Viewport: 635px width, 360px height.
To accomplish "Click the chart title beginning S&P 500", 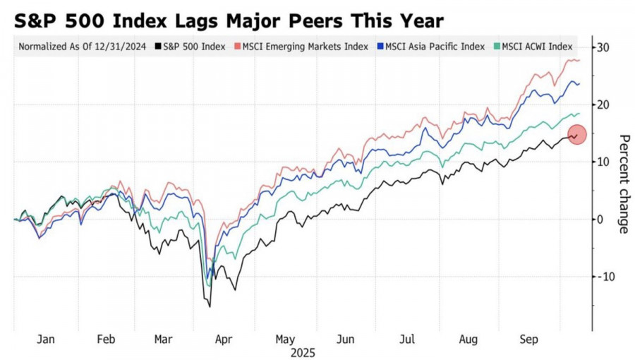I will (229, 20).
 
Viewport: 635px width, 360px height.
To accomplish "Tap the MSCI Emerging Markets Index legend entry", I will (306, 47).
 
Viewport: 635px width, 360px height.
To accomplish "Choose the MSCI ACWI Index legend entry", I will (537, 47).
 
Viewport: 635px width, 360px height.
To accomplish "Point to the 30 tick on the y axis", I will (603, 47).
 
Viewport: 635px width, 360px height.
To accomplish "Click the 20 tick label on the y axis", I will (603, 104).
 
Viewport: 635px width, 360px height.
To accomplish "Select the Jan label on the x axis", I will (45, 340).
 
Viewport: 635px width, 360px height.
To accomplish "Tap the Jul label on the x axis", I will (407, 340).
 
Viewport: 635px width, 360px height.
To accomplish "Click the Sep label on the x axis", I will (530, 340).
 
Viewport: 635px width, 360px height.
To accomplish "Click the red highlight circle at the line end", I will (576, 134).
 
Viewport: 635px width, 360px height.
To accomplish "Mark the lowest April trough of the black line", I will (210, 306).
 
